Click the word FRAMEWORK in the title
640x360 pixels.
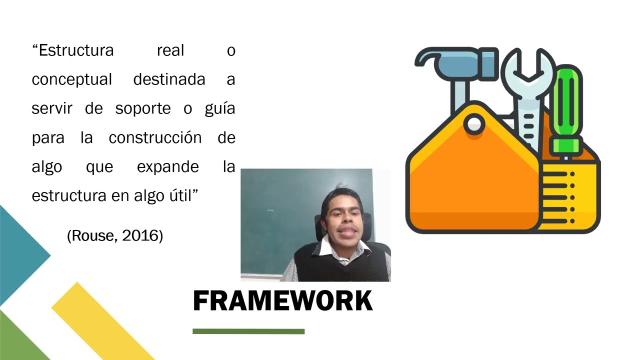coord(282,301)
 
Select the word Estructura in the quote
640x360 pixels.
coord(76,50)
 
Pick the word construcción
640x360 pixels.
coord(155,137)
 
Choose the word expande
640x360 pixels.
coord(167,167)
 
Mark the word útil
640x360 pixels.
coord(180,195)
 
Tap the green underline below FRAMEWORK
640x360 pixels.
coord(248,331)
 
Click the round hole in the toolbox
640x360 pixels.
coord(473,123)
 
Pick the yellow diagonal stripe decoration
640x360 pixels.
coord(100,320)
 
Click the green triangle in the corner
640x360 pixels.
coord(17,340)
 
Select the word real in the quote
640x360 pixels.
coord(170,50)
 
